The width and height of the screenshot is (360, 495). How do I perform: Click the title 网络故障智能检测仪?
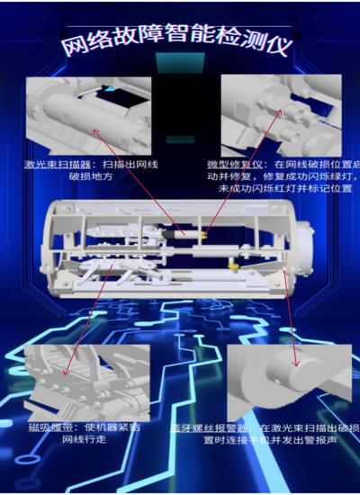click(180, 45)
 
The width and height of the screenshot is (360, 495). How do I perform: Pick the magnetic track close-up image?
click(86, 379)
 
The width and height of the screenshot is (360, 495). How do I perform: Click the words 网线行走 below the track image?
click(85, 439)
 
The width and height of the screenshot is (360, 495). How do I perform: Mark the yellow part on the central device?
click(233, 265)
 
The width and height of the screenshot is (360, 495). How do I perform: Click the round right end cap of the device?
click(285, 248)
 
